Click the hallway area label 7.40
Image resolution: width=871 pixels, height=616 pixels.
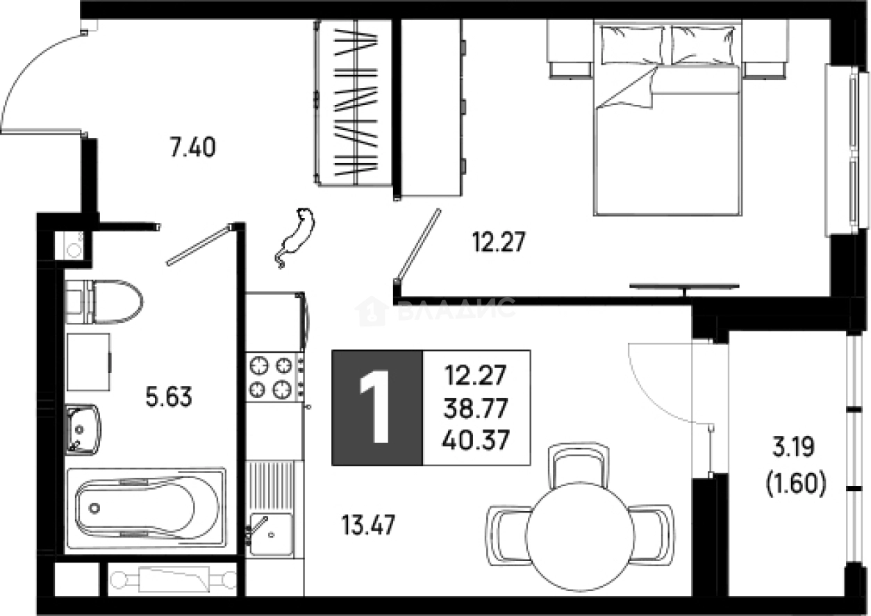point(193,147)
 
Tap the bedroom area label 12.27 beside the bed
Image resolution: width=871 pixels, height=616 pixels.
point(499,242)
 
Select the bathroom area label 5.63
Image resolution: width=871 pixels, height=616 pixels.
point(169,397)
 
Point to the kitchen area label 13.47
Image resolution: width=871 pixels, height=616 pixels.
point(368,524)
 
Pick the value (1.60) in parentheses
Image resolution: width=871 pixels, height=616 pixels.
point(796,483)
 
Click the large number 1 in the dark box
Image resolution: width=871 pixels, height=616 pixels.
point(374,407)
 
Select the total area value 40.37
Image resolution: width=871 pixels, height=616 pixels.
point(476,440)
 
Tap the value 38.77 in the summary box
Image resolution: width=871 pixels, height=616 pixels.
point(476,408)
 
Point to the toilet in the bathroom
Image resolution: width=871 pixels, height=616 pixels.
point(104,301)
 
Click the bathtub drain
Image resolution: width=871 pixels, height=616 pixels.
point(94,508)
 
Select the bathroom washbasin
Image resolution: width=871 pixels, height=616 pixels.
point(83,429)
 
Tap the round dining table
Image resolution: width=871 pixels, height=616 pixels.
point(580,537)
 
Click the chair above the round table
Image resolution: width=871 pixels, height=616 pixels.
point(578,465)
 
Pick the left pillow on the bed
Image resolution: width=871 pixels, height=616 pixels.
point(632,45)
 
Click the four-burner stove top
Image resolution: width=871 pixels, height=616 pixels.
point(275,377)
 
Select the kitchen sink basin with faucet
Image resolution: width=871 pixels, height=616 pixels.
point(271,534)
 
